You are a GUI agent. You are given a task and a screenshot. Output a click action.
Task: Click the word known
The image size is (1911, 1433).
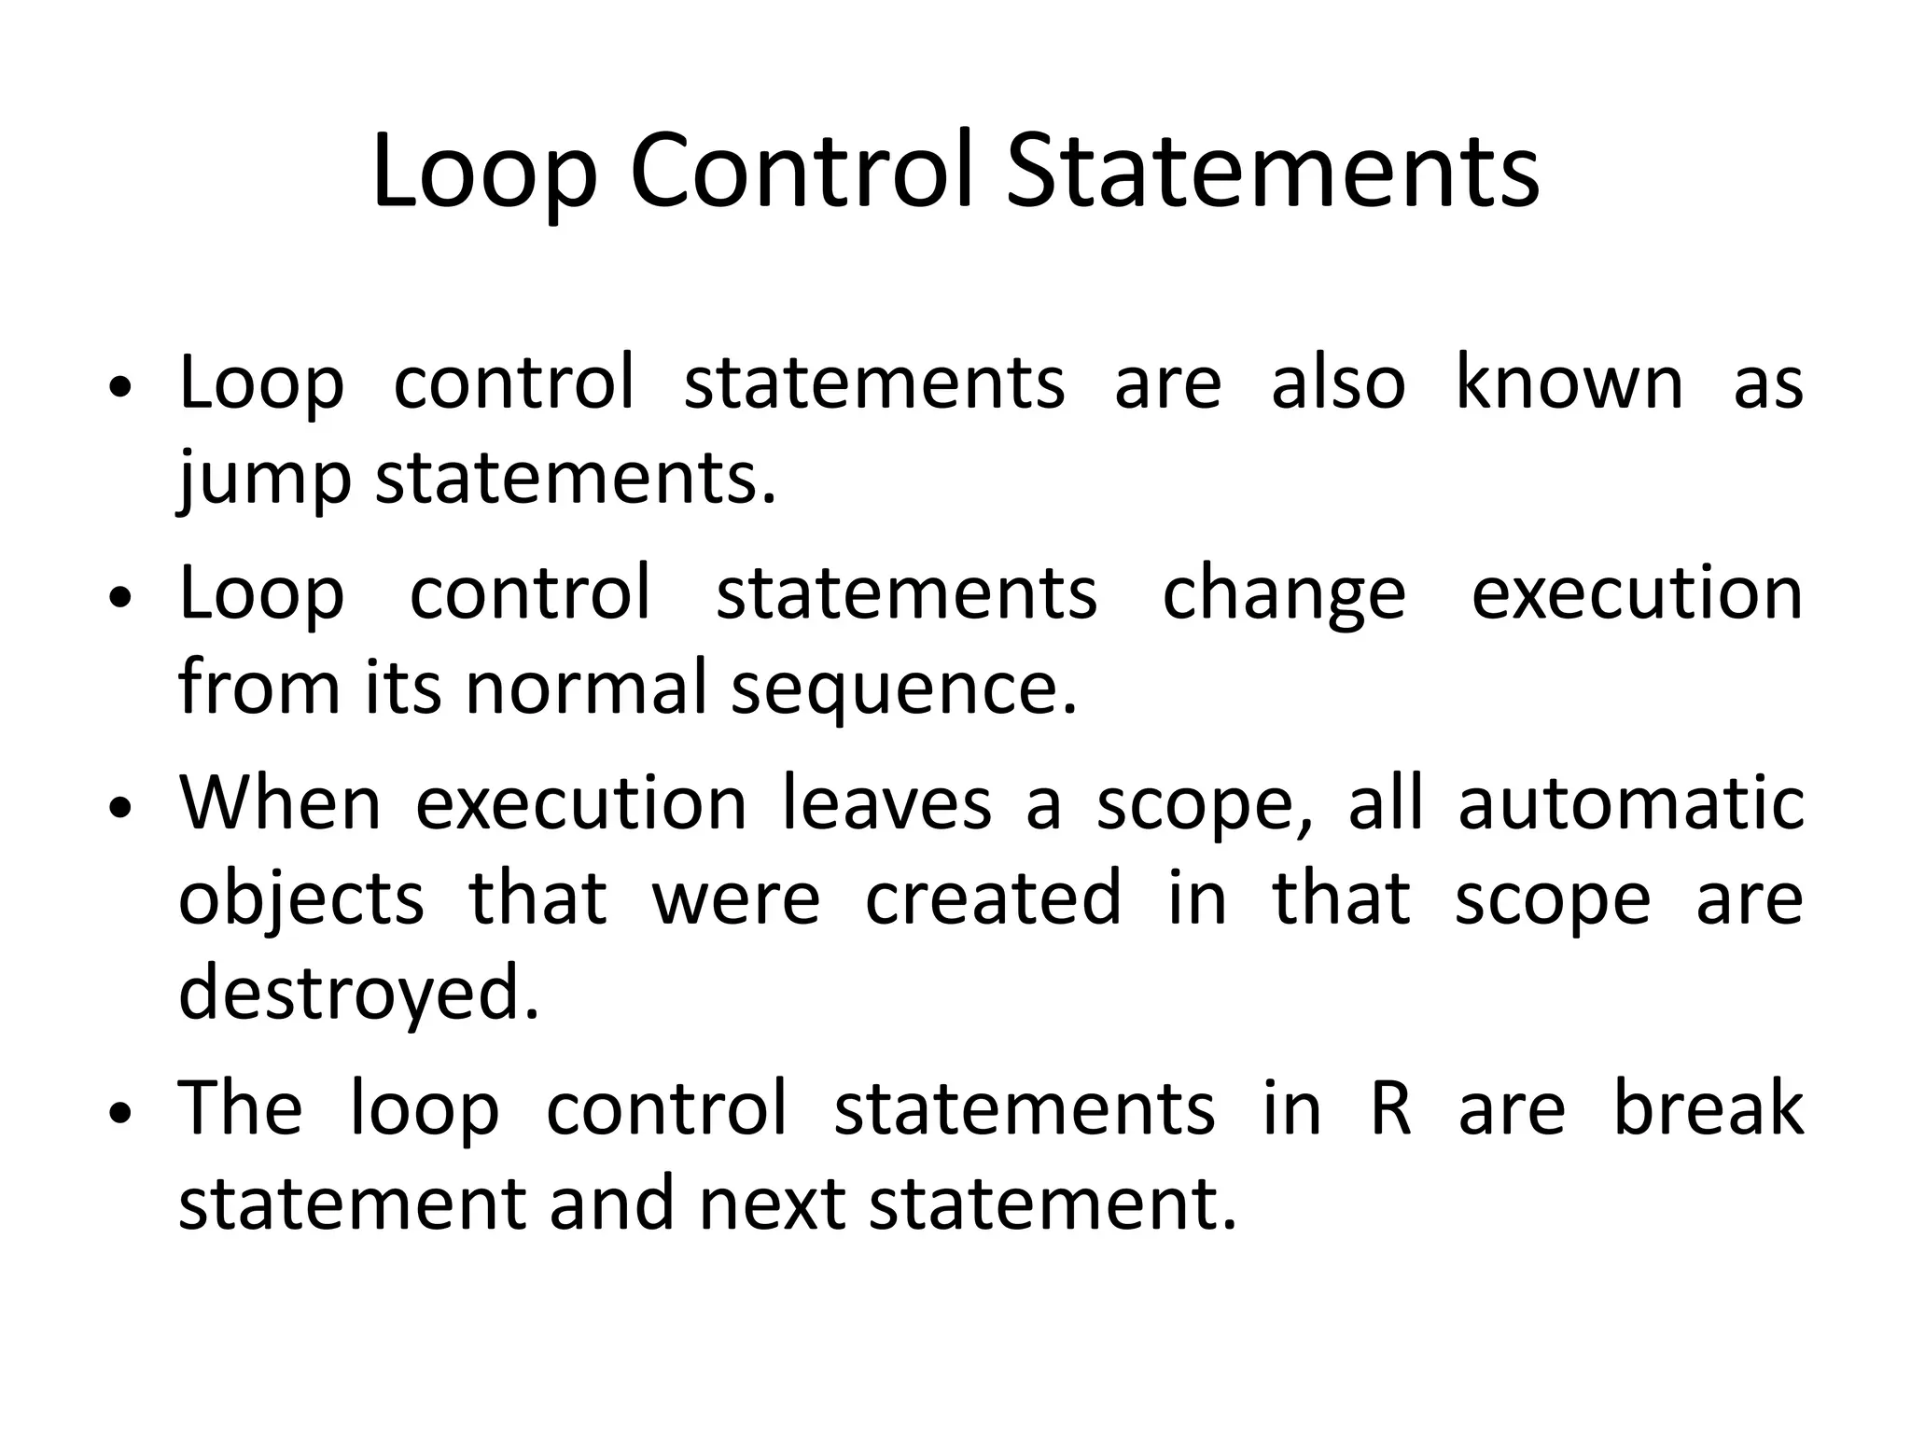point(1569,383)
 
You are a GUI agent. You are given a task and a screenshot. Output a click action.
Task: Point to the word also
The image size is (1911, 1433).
point(1338,383)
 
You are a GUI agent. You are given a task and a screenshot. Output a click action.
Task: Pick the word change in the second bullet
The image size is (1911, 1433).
point(1283,595)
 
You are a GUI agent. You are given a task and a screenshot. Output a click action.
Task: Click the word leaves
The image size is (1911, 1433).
point(886,803)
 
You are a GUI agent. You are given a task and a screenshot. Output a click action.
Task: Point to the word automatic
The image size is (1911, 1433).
point(1631,803)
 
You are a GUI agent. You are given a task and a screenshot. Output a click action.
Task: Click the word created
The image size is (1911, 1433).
point(993,897)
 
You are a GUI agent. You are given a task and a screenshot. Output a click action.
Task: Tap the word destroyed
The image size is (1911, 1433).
point(359,993)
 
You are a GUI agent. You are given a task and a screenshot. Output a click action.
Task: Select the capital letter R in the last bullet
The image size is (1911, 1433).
point(1390,1108)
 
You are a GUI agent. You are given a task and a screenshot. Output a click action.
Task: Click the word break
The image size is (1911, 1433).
point(1709,1108)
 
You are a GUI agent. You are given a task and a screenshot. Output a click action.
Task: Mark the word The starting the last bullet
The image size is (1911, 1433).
point(241,1108)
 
